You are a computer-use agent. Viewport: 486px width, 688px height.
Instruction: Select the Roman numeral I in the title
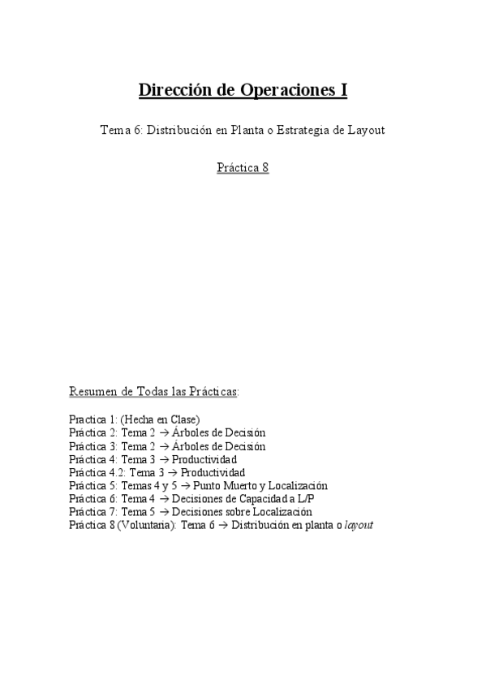(x=344, y=90)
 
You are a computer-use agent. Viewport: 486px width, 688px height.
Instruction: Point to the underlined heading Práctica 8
(x=243, y=168)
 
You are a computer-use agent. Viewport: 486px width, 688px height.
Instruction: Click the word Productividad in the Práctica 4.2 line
(x=213, y=472)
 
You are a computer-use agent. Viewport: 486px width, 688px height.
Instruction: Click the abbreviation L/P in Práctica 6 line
(x=319, y=498)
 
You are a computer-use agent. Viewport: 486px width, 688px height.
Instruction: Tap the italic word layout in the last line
(x=359, y=525)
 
